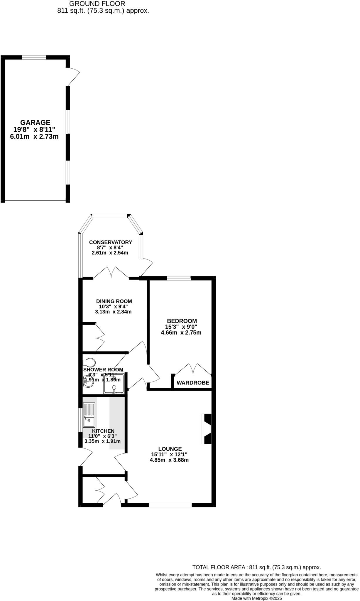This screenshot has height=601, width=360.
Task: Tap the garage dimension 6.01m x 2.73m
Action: pos(34,136)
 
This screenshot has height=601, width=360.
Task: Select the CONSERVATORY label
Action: pos(111,242)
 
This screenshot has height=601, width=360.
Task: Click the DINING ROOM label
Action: pos(114,301)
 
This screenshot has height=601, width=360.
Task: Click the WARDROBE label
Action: pos(193,383)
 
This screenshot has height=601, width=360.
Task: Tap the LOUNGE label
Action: pos(170,449)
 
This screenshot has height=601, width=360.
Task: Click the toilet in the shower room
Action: pos(89,362)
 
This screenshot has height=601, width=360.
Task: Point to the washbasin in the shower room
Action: pos(87,380)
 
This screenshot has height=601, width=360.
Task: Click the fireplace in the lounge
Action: pos(207,429)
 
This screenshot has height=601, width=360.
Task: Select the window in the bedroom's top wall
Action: pos(179,278)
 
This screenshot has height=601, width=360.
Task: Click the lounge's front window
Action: pos(170,505)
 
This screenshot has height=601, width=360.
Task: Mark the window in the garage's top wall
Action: pos(34,57)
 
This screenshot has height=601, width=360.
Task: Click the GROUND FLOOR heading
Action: pos(97,4)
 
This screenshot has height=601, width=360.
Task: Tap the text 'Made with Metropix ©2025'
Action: pos(256,598)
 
